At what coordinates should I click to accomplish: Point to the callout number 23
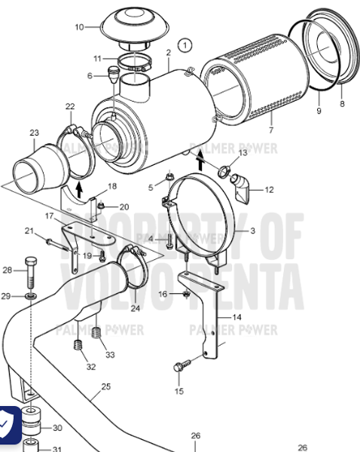[34, 133]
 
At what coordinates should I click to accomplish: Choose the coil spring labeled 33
[96, 334]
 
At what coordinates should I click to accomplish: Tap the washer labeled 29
[29, 297]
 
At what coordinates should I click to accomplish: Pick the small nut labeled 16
[185, 293]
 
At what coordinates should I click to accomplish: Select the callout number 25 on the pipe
[105, 386]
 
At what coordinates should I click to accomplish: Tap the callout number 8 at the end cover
[342, 104]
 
